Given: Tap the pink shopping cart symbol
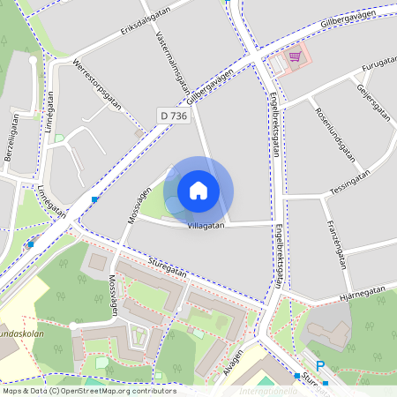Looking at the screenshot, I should [294, 56].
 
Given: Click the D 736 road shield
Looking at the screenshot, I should [174, 116].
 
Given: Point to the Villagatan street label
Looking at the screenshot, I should [206, 226].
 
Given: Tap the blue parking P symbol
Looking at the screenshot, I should [320, 367].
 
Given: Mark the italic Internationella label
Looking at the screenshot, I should [268, 388].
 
